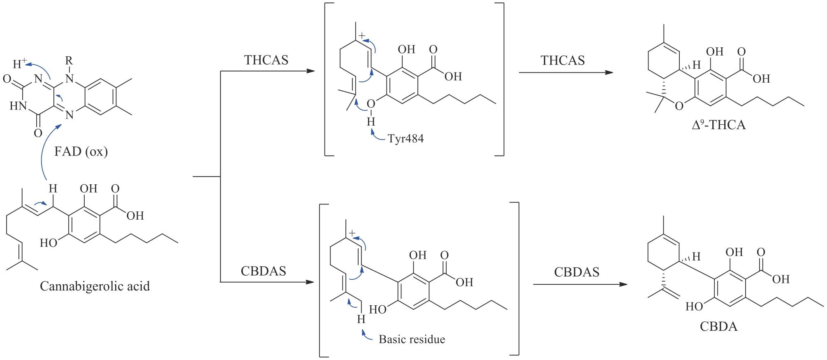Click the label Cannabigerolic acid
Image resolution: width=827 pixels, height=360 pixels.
pos(95,286)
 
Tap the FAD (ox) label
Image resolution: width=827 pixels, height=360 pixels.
pos(81,152)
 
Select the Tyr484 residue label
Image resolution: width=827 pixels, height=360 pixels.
pos(405,139)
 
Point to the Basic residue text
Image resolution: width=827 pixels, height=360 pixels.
pos(412,339)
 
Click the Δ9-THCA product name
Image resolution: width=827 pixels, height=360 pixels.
pos(718,125)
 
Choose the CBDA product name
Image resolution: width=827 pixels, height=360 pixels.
pos(718,327)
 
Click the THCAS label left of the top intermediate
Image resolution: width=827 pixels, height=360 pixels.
pos(266,60)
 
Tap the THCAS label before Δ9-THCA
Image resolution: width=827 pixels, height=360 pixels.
pos(562,60)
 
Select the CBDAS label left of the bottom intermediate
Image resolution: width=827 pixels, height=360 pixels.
pos(263,271)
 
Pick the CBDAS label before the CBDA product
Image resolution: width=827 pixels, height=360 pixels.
pos(577,272)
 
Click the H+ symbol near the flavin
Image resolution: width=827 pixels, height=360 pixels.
pos(19,64)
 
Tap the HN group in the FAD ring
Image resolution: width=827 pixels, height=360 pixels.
pos(18,106)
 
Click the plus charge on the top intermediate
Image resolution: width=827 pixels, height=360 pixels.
pos(361,36)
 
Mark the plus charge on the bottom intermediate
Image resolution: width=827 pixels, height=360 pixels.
pos(352,233)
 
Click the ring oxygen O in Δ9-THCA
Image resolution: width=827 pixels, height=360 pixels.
pos(679,106)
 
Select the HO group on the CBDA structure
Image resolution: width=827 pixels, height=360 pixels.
pos(694,307)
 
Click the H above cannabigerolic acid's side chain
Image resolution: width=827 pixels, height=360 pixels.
pos(53,189)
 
